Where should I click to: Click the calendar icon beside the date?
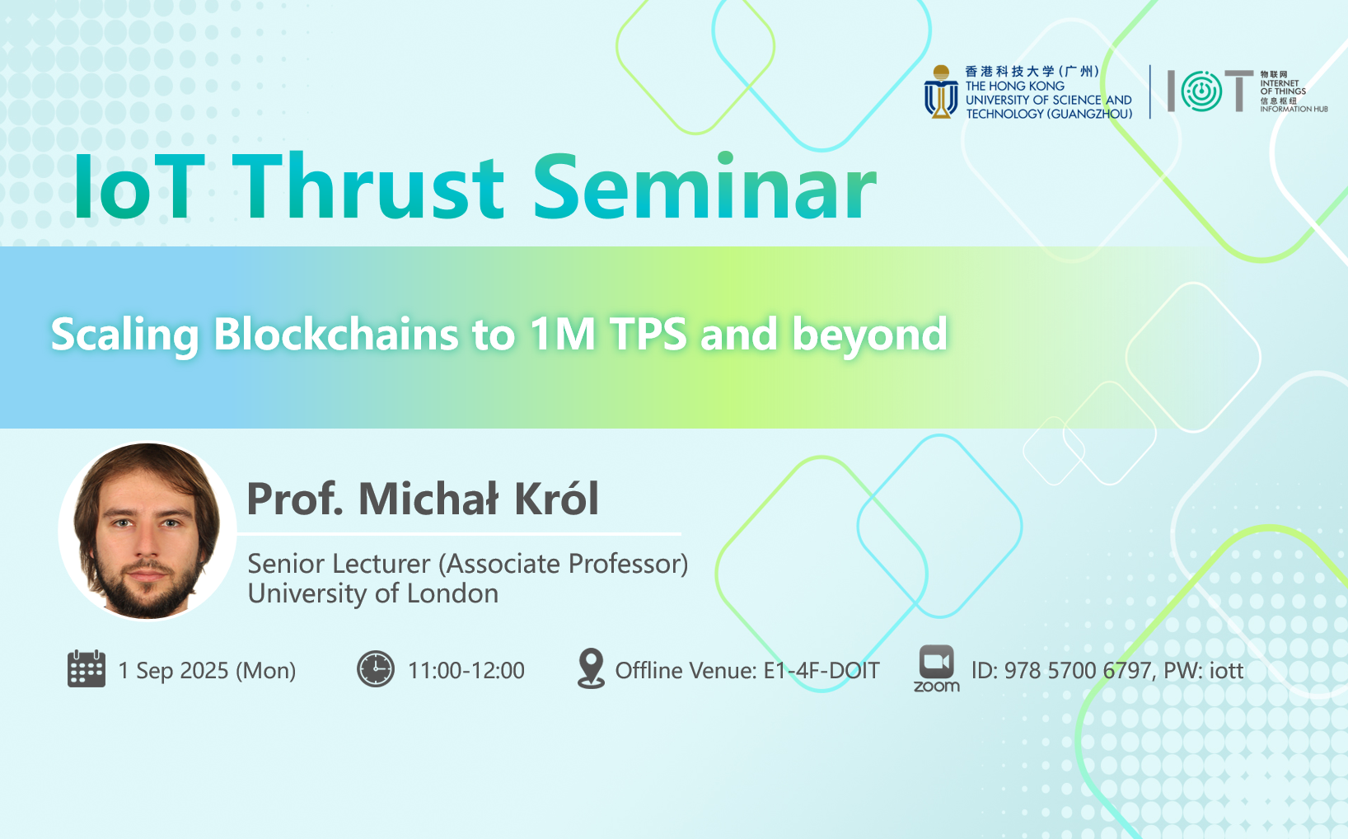[x=87, y=668]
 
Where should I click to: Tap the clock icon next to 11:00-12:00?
[x=376, y=668]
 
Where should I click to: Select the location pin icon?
[x=591, y=668]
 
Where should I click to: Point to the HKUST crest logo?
[x=941, y=91]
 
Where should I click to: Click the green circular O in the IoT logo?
[x=1201, y=91]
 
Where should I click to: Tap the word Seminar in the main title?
[x=704, y=186]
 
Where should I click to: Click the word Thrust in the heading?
[x=367, y=186]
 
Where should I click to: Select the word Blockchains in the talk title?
[x=336, y=334]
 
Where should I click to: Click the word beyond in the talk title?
[x=869, y=335]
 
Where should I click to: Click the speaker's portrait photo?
[x=147, y=531]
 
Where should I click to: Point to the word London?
[x=452, y=593]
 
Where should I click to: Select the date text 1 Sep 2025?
[x=173, y=670]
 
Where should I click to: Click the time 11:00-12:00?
[x=466, y=670]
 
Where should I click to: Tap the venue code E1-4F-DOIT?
[x=821, y=670]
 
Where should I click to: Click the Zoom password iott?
[x=1226, y=670]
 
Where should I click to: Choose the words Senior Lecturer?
[x=339, y=564]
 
